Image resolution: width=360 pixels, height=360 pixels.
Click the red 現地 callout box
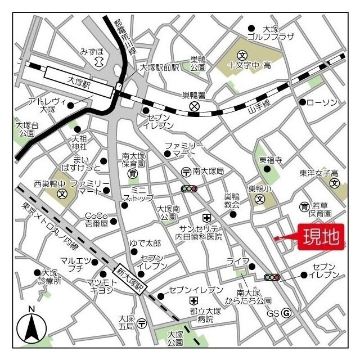(321, 237)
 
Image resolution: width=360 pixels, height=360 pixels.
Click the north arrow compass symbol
(31, 326)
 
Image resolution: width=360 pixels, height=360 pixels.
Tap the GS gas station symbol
(286, 313)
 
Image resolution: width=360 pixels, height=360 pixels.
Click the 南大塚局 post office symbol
(185, 171)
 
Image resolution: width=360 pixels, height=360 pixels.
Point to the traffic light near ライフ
(272, 277)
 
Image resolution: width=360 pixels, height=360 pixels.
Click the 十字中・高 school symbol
(242, 55)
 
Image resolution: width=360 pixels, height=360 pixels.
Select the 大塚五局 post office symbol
(142, 323)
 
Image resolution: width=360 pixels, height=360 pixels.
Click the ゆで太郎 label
(145, 242)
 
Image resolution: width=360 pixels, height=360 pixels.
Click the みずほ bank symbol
(100, 61)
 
